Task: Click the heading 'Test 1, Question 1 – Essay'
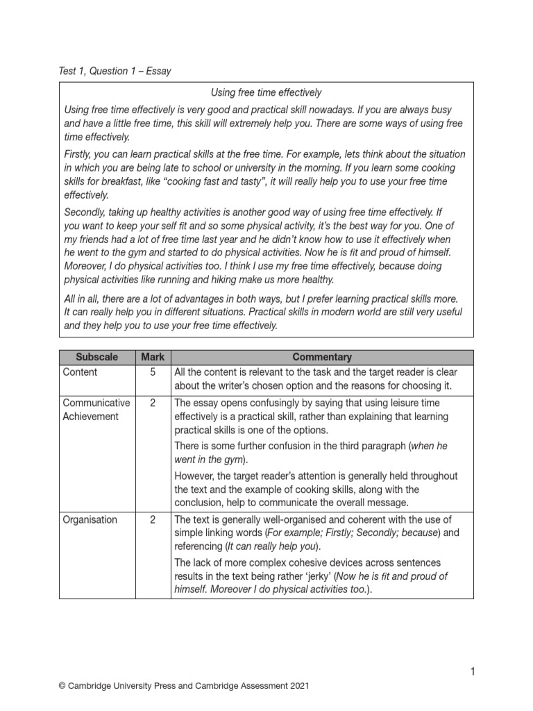pos(115,71)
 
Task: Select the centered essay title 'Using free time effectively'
pos(266,92)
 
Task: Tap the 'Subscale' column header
pos(96,357)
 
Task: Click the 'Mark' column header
pos(153,357)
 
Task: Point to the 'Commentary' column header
pos(322,357)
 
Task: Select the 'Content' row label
pos(80,372)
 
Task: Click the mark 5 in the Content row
pos(153,372)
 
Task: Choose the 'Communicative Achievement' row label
pos(96,410)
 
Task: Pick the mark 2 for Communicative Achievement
pos(153,403)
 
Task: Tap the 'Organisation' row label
pos(90,519)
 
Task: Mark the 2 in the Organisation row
pos(153,519)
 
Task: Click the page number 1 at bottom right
pos(472,671)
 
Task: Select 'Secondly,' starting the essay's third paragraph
pos(87,212)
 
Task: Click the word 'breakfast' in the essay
pos(115,182)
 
